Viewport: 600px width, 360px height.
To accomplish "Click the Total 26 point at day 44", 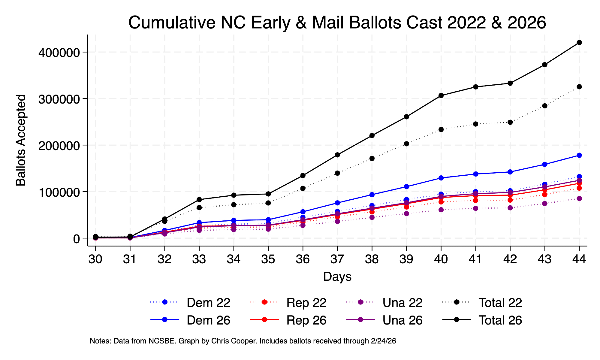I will [x=579, y=43].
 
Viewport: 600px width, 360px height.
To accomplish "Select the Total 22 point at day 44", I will [x=579, y=87].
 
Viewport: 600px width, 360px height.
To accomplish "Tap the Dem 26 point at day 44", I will [x=579, y=155].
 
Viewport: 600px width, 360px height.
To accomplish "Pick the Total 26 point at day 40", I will [x=441, y=95].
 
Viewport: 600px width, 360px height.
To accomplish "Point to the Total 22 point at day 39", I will [x=406, y=144].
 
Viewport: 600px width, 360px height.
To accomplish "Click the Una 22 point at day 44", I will [x=579, y=198].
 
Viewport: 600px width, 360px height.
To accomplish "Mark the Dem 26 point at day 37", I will [x=337, y=203].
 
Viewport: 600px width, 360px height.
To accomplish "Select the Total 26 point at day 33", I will [x=199, y=199].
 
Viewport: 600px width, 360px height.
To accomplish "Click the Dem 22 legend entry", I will [x=208, y=303].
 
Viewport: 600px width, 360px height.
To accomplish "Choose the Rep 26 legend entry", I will [x=306, y=320].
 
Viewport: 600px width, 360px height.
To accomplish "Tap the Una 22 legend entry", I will [x=402, y=303].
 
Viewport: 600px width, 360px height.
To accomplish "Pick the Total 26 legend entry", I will [x=500, y=320].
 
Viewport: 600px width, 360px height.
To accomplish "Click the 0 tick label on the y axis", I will [x=76, y=239].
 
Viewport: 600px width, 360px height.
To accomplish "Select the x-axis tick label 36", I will [x=303, y=259].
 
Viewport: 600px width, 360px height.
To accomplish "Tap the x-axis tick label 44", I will [x=579, y=259].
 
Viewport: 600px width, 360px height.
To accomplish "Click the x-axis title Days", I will [x=337, y=277].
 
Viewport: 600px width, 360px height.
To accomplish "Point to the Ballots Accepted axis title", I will [x=21, y=140].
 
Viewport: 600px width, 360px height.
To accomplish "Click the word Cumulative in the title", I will [x=172, y=23].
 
